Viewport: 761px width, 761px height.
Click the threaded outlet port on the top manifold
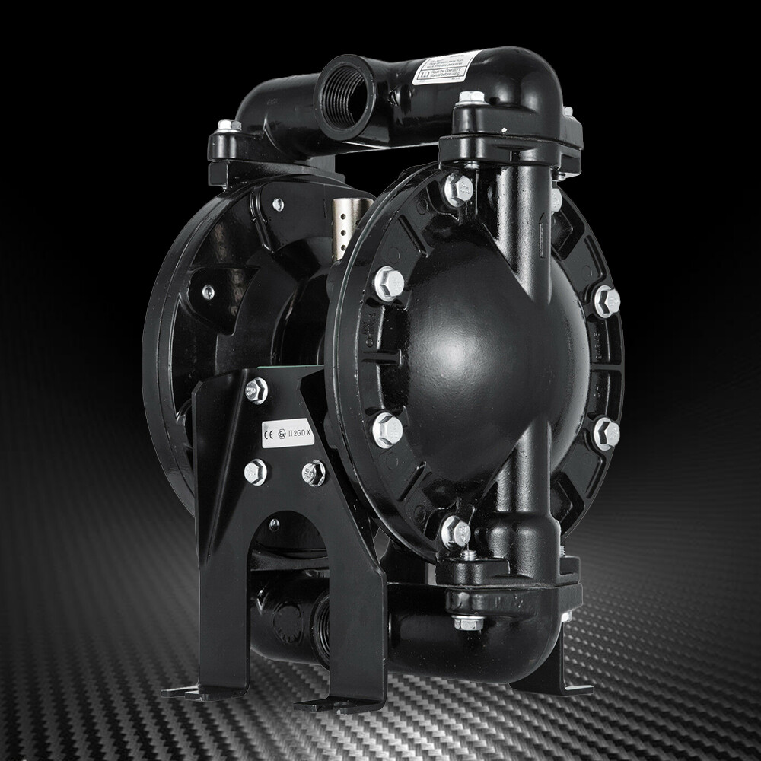[x=346, y=95]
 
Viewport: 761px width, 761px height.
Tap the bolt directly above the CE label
[x=256, y=391]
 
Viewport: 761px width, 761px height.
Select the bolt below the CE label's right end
[x=313, y=473]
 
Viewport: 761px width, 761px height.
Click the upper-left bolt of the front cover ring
[x=389, y=283]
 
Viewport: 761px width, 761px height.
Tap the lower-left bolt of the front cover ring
[x=387, y=430]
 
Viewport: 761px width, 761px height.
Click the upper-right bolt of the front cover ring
[x=607, y=301]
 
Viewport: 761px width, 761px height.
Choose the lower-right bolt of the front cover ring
[x=606, y=433]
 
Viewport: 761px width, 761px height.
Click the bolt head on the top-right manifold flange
[x=472, y=100]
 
